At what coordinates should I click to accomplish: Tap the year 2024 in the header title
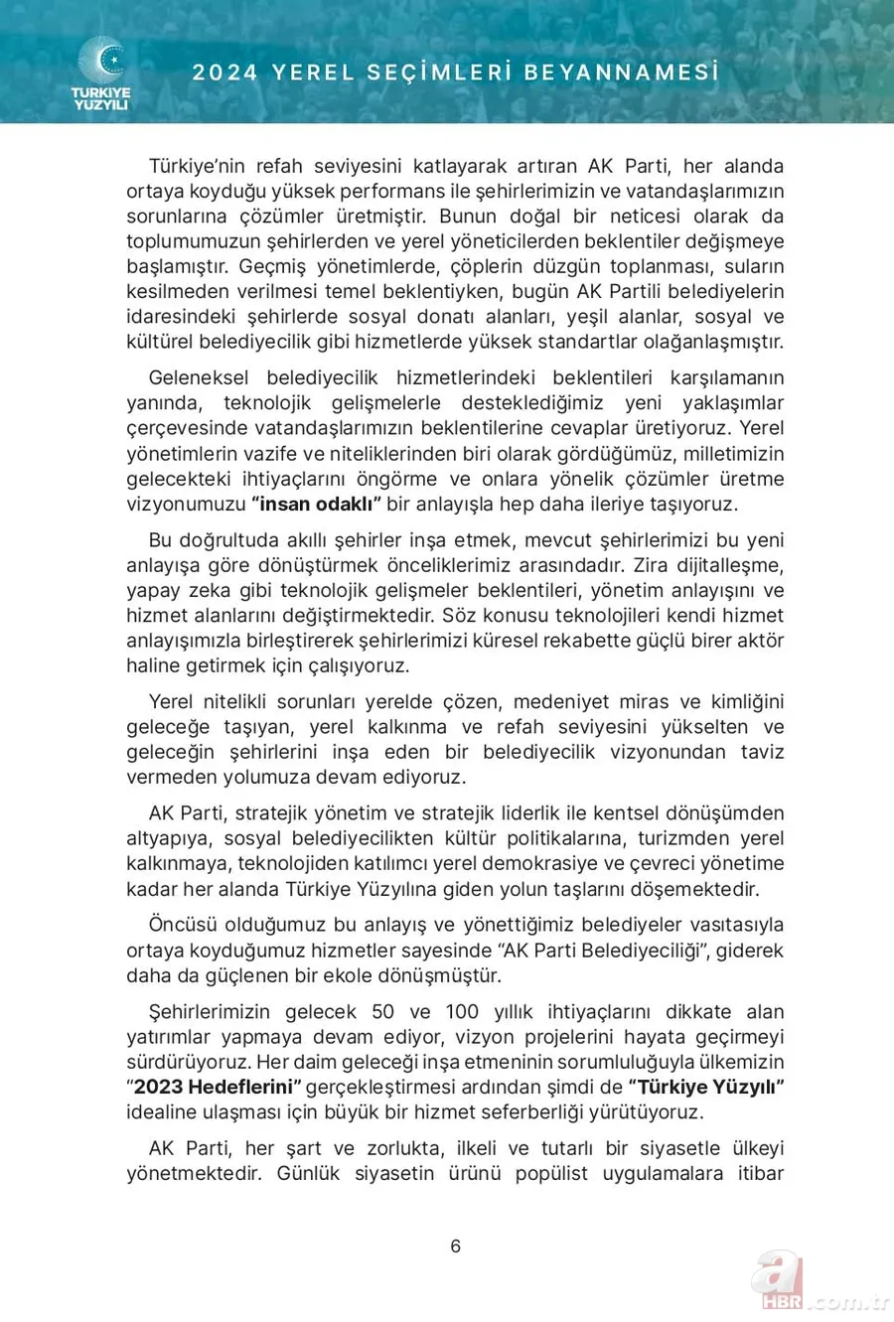(225, 73)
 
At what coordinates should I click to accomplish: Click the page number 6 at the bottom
(456, 1247)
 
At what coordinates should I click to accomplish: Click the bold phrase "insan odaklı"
(316, 504)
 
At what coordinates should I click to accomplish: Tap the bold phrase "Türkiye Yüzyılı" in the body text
(707, 1087)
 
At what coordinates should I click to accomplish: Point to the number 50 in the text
(382, 1012)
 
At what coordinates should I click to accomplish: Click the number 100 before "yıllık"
(462, 1012)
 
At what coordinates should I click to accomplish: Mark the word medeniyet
(569, 701)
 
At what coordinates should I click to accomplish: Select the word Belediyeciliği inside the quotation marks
(644, 951)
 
